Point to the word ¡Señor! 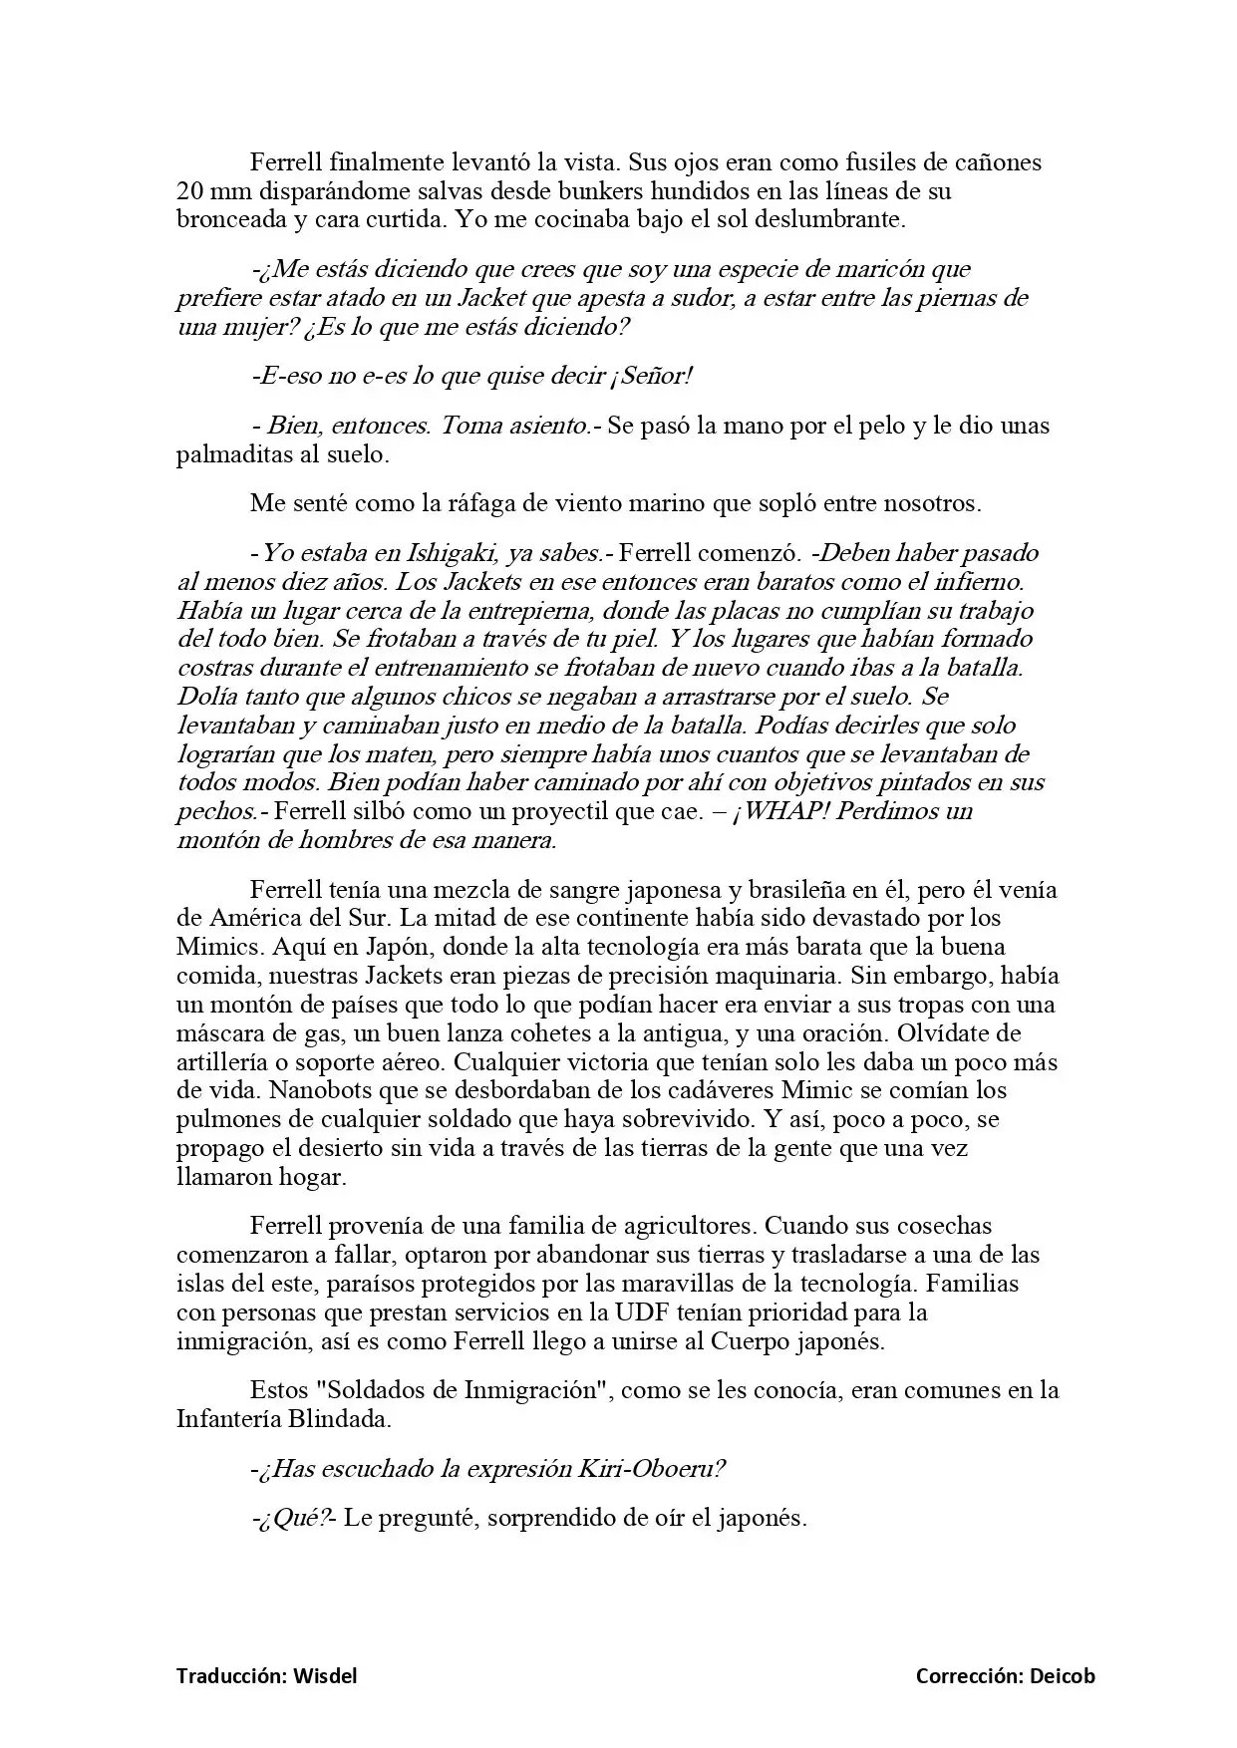coord(652,376)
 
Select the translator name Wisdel coord(324,1675)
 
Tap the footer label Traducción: coord(232,1675)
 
